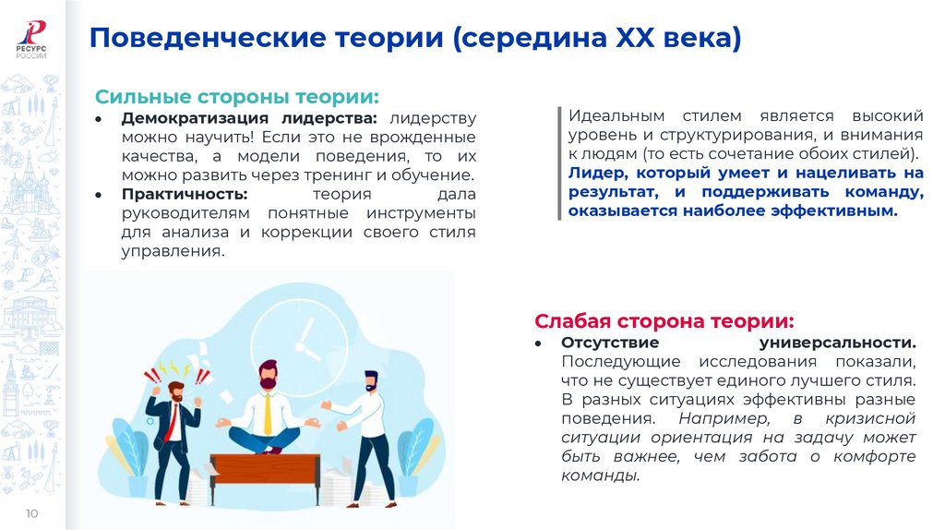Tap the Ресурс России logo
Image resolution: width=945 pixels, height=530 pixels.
click(32, 37)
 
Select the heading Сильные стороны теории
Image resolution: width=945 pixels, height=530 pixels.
click(237, 97)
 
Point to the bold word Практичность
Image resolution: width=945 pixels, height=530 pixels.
click(185, 194)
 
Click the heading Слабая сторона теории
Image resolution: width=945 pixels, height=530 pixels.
click(664, 321)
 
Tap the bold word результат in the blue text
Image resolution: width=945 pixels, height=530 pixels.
click(607, 192)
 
